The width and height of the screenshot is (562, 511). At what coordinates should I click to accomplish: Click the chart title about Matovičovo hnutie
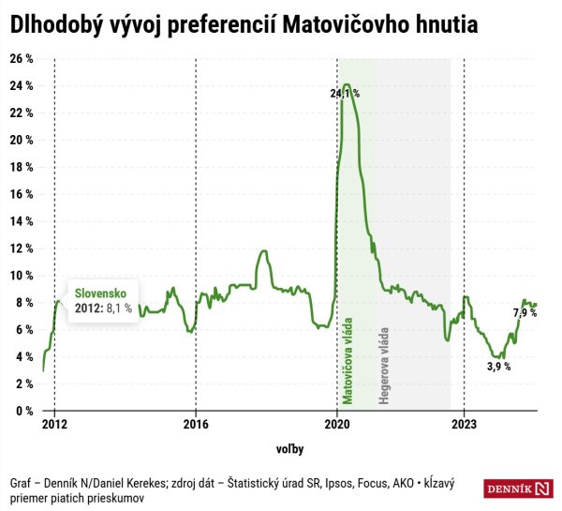click(244, 27)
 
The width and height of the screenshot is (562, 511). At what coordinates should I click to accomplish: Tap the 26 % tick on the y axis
click(22, 58)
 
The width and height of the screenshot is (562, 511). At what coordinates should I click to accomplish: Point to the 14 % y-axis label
click(22, 221)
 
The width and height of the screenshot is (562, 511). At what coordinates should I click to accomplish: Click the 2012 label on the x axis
click(54, 424)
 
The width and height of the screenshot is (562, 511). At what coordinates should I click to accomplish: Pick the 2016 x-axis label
click(195, 424)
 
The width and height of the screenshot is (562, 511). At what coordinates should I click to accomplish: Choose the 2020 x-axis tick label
click(337, 424)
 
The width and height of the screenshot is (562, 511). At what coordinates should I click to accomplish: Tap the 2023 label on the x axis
click(463, 424)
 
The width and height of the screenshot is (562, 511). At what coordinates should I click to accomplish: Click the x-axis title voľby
click(290, 449)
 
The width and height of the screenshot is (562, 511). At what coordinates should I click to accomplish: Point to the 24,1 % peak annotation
click(344, 95)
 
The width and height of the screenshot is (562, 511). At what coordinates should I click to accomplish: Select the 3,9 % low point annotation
click(498, 367)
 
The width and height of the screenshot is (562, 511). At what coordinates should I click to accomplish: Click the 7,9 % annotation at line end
click(525, 312)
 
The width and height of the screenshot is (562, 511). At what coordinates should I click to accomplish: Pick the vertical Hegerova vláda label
click(383, 367)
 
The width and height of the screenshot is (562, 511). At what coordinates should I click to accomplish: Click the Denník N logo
click(519, 488)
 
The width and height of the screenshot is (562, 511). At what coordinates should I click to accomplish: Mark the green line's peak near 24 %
click(347, 85)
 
